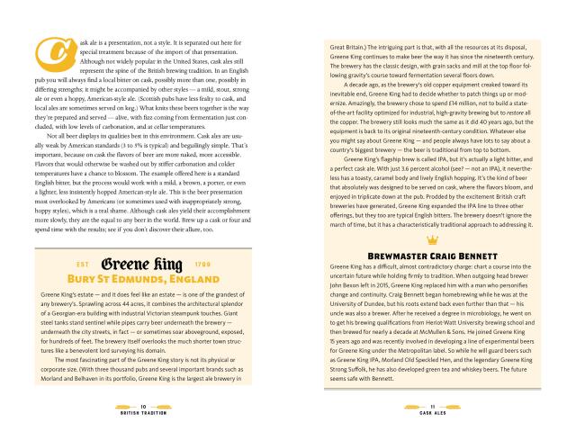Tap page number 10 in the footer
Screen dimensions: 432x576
click(x=144, y=406)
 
